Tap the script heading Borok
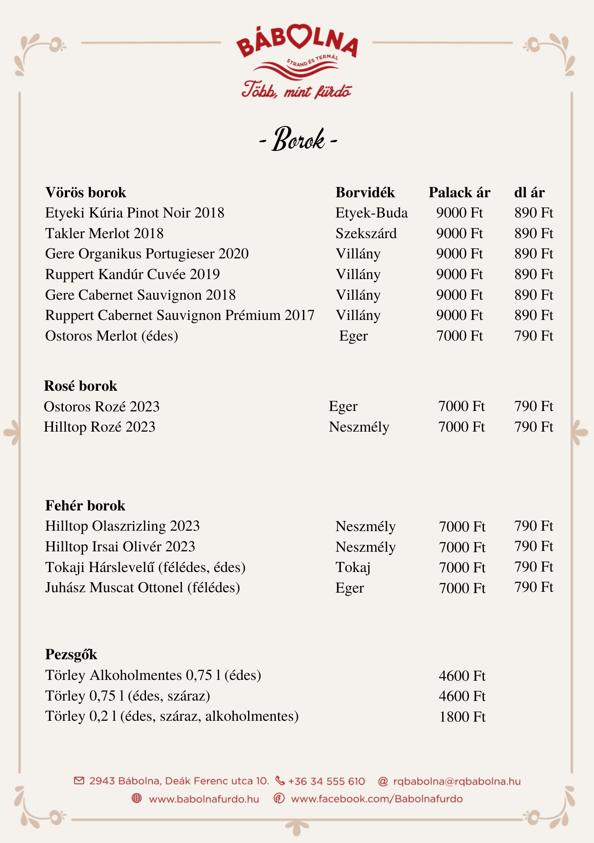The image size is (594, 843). coord(299,140)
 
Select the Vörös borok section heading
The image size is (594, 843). coord(86,193)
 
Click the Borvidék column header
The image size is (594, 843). coord(365,193)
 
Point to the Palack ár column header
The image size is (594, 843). coord(459,193)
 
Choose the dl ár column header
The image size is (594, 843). coord(529,193)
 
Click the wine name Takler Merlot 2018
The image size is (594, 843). coord(104,234)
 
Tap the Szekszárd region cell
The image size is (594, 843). coord(366,234)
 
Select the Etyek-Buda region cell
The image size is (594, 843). coord(371,213)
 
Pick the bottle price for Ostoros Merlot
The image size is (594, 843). coord(459,336)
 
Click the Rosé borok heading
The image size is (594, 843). coord(81,386)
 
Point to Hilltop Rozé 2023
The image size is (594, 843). coord(100,427)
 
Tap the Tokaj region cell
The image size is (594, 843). coord(353,567)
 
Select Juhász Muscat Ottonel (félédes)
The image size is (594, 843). coord(143,588)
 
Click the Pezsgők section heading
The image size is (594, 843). coord(71,655)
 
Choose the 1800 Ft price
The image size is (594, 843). coord(462,717)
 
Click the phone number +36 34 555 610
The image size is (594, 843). coord(326,781)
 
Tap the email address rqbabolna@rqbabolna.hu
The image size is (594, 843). coord(456,781)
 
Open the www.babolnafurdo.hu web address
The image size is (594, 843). coord(204,799)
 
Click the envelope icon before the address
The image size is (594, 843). coord(79,781)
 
